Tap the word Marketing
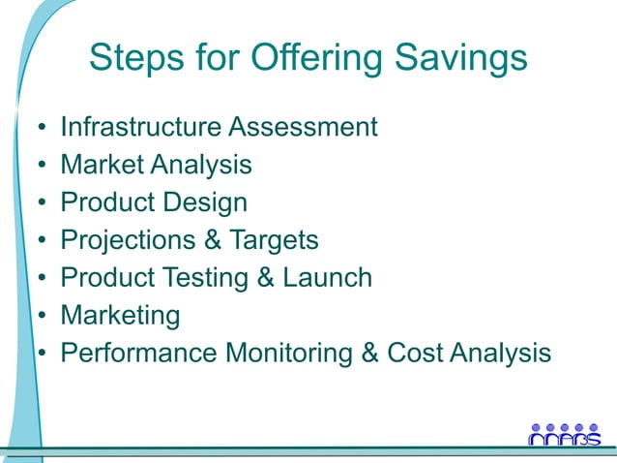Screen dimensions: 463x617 [120, 316]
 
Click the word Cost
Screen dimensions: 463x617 [415, 354]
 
